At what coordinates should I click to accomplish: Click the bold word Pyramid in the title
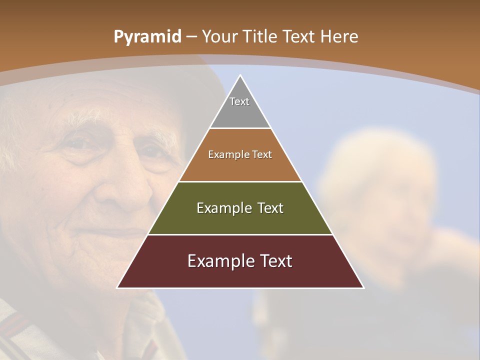[147, 37]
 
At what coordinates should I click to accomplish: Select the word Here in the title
[339, 36]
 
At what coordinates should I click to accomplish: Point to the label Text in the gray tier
[239, 101]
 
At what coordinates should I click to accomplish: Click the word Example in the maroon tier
[218, 261]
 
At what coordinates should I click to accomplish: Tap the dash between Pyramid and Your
[192, 37]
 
